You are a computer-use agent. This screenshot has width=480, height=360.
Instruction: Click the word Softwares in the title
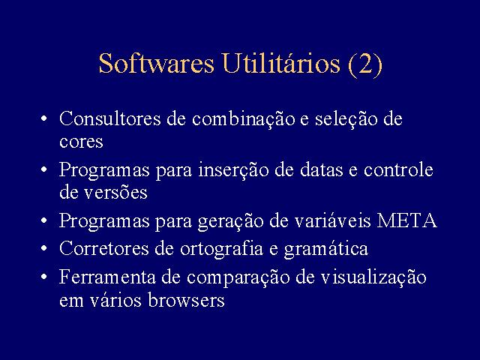tap(157, 63)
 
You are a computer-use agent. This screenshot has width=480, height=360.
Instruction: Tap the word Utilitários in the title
tap(281, 63)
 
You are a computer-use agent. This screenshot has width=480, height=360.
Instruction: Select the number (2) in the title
tap(365, 64)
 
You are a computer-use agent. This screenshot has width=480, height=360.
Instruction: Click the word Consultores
tap(110, 118)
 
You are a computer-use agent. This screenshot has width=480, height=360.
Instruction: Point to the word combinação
tap(243, 118)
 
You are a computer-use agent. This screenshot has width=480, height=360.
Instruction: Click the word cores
tap(81, 142)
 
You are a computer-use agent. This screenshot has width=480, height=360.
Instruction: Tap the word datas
tap(322, 169)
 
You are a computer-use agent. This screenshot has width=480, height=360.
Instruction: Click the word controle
tap(398, 169)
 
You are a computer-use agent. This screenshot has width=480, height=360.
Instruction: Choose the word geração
tap(230, 221)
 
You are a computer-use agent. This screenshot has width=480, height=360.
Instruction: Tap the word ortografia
tap(221, 248)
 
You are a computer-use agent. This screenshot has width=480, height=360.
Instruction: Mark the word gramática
tap(325, 248)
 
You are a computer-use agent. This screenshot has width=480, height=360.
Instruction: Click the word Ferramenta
tap(107, 277)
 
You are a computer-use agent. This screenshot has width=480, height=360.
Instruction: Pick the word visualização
tap(373, 277)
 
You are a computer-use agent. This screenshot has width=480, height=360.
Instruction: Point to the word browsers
tap(187, 299)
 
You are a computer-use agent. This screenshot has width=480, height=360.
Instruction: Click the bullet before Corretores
tap(44, 248)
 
